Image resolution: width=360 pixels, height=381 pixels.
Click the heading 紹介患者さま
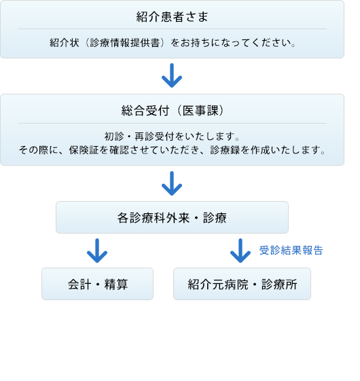tap(172, 17)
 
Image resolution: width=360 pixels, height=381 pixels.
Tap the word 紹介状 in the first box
tap(65, 43)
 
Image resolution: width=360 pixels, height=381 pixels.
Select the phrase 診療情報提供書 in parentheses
tap(125, 43)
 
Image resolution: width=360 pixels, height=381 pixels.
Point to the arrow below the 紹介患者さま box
tap(172, 75)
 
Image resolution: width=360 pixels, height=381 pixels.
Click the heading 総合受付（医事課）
tap(172, 111)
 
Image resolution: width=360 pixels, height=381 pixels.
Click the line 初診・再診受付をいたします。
tap(172, 137)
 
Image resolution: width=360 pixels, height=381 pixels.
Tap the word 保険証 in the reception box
tap(84, 150)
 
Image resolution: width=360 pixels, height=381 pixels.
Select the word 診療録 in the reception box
tap(225, 150)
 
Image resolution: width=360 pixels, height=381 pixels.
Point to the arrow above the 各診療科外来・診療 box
tap(172, 183)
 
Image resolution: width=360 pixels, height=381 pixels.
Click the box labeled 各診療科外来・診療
tap(172, 217)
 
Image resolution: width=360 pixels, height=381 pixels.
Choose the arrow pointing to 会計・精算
tap(97, 251)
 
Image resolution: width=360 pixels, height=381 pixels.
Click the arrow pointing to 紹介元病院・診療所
tap(240, 251)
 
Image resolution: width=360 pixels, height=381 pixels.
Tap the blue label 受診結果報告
tap(291, 251)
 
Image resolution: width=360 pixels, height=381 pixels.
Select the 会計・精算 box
tap(98, 284)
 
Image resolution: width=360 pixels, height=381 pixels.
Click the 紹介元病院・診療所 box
tap(242, 284)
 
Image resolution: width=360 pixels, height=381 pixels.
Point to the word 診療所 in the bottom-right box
tap(279, 285)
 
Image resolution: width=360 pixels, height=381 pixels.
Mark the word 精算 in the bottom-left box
tap(116, 285)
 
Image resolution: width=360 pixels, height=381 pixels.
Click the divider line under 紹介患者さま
tap(172, 29)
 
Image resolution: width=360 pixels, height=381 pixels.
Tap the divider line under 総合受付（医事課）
tap(172, 123)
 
